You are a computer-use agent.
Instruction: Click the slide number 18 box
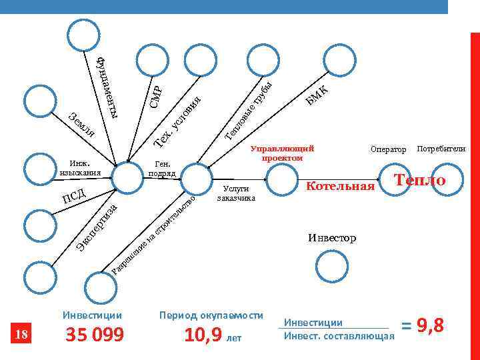22,335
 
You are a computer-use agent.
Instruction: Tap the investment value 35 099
94,335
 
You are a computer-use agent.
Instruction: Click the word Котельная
340,186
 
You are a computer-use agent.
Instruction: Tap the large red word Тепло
420,181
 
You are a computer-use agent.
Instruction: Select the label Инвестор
332,237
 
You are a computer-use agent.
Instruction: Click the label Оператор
388,150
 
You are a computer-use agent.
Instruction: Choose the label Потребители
441,149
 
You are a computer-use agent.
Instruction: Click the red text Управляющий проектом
282,153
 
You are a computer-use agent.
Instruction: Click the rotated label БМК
317,95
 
